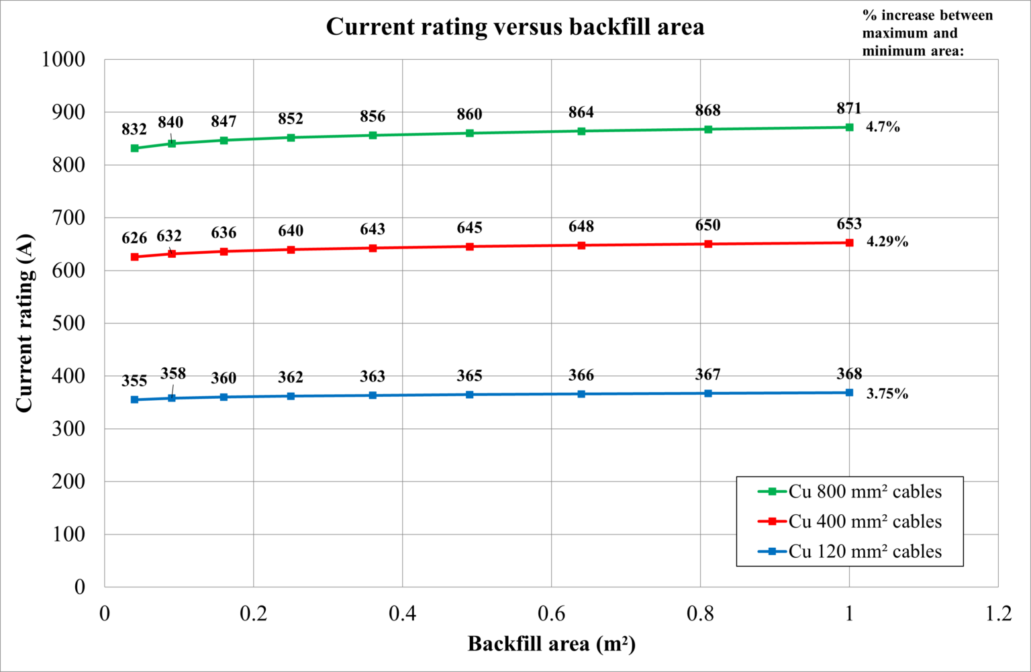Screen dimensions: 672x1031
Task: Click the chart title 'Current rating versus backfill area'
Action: (515, 27)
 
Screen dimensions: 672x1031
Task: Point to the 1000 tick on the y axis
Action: (64, 59)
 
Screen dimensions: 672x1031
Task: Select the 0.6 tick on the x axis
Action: (551, 614)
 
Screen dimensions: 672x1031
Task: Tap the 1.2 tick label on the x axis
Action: (997, 614)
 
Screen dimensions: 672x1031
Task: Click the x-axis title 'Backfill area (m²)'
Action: (551, 644)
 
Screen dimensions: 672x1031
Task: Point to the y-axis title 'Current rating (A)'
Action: (24, 323)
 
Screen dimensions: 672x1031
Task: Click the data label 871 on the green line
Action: (849, 108)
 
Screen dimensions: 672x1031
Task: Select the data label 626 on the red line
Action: (134, 238)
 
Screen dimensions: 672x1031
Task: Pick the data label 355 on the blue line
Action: (134, 381)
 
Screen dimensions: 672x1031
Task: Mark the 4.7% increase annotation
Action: (883, 127)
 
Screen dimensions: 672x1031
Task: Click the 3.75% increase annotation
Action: (887, 394)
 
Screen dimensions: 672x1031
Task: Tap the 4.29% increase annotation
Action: (887, 242)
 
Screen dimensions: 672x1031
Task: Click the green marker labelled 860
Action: (469, 133)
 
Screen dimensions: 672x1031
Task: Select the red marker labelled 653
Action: (849, 243)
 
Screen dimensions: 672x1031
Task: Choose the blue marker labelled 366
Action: (581, 394)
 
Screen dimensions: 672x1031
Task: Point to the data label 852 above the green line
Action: (291, 119)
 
